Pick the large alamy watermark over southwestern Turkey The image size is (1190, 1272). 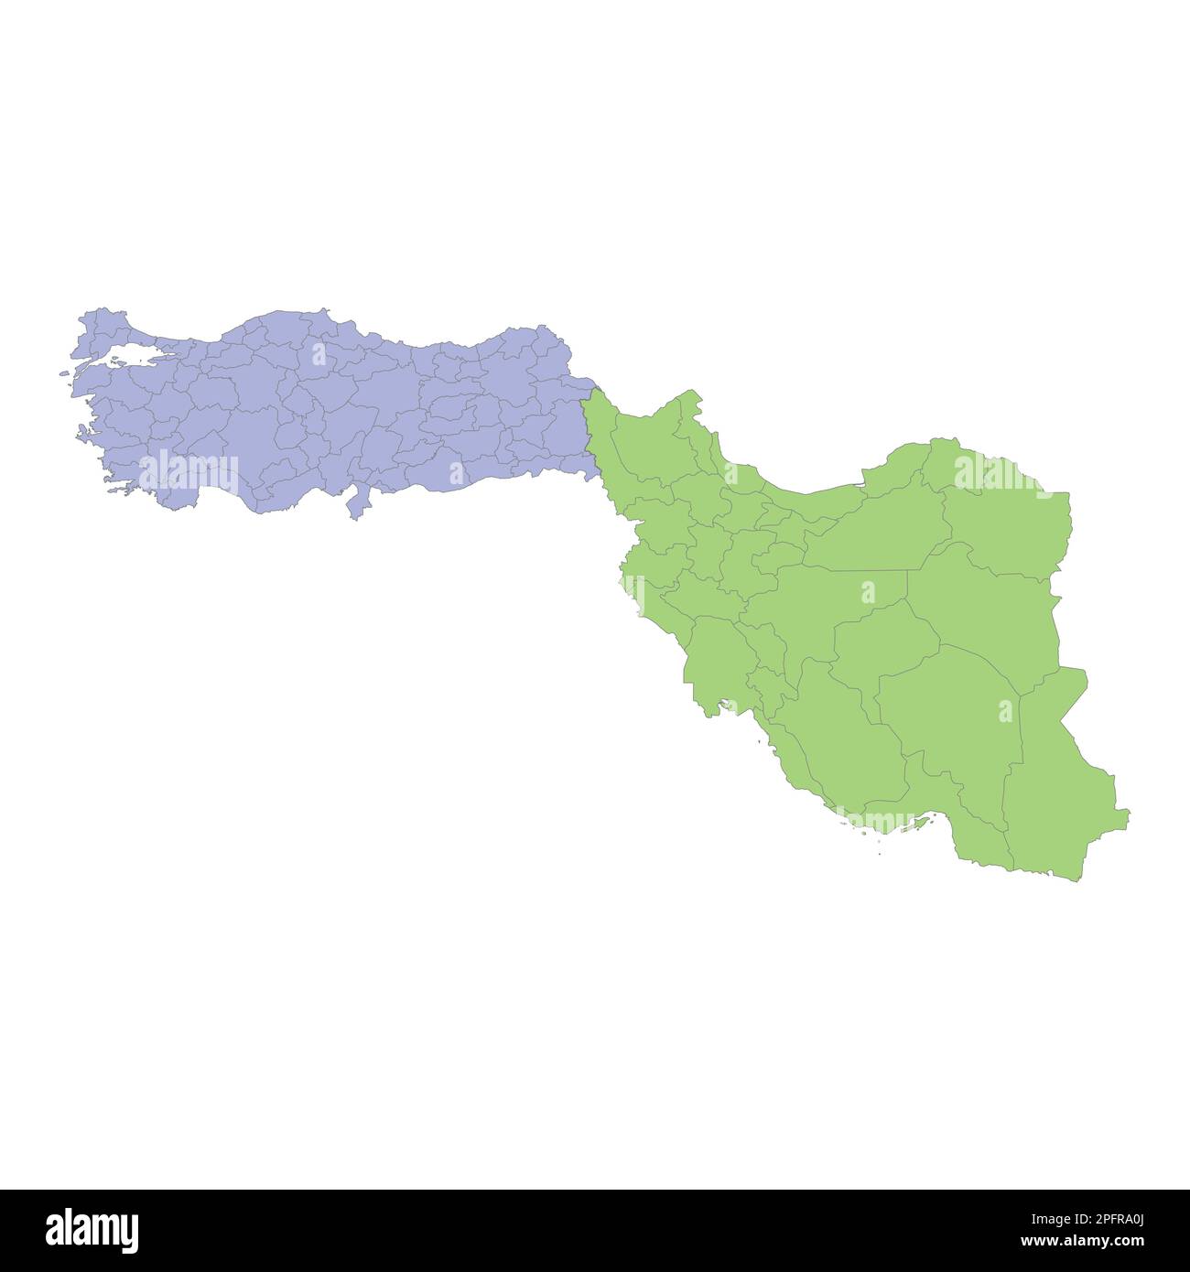click(x=189, y=473)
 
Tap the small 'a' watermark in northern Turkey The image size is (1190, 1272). click(x=318, y=353)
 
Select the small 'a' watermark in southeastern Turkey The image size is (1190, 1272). click(x=457, y=472)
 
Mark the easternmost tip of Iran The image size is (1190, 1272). click(x=1128, y=812)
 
